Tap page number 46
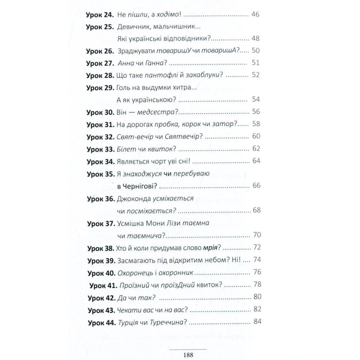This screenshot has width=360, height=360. pos(255,14)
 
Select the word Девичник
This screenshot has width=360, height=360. pos(131,27)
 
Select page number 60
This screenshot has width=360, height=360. pos(256,136)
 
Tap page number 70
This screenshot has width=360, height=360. pos(257,235)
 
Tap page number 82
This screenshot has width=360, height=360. pos(257,309)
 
